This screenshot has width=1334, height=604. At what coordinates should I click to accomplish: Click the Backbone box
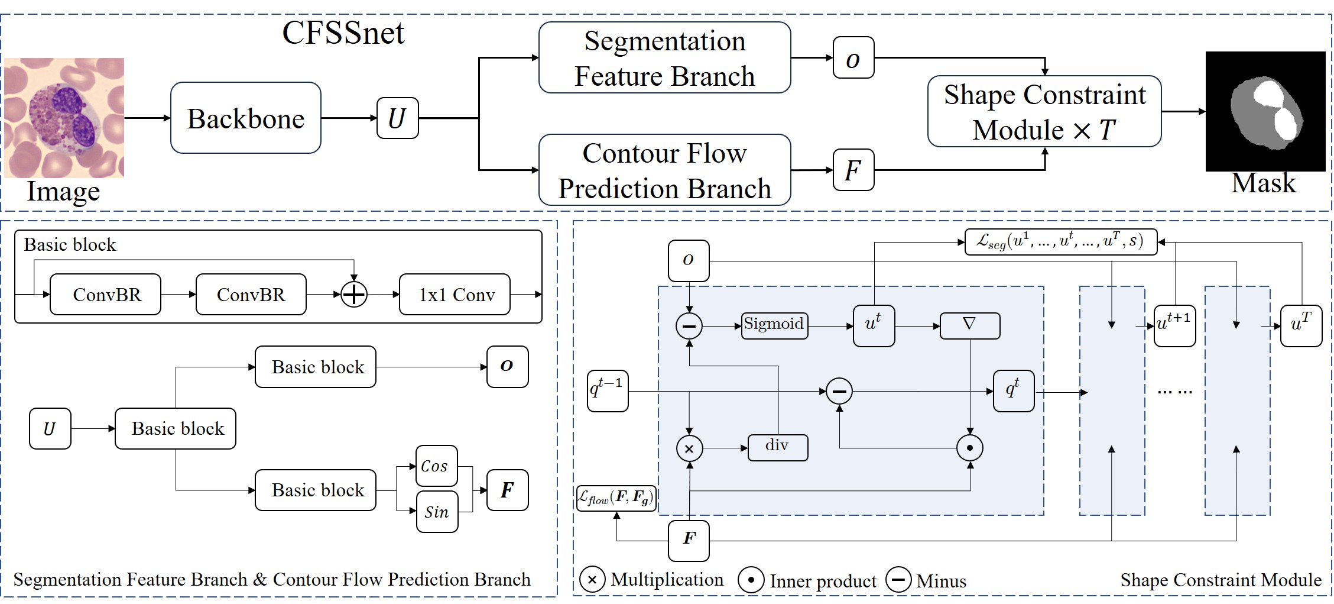click(245, 118)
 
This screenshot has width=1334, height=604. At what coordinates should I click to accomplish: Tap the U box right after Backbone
click(397, 118)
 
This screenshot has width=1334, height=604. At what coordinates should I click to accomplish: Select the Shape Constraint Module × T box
click(1044, 112)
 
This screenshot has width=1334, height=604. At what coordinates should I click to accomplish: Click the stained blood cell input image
click(64, 118)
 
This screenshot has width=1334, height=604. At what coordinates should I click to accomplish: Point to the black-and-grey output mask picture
click(1265, 111)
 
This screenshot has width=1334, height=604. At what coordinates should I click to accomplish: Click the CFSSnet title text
click(343, 33)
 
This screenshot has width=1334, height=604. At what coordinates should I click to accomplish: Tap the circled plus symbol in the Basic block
click(354, 295)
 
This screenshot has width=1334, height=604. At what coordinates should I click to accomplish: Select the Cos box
click(436, 466)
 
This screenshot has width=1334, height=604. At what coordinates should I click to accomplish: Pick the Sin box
click(436, 512)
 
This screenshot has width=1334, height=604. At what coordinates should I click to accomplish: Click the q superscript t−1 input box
click(608, 391)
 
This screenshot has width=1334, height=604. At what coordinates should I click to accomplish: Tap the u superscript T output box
click(1300, 325)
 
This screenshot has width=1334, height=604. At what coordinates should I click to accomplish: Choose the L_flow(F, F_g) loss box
click(616, 498)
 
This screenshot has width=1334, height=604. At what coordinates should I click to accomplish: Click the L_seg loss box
click(1060, 242)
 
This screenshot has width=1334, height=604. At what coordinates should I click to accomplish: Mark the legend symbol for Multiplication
click(592, 580)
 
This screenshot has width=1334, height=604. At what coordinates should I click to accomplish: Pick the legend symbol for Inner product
click(751, 580)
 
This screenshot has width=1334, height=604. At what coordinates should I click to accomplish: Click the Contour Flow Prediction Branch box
click(664, 170)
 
